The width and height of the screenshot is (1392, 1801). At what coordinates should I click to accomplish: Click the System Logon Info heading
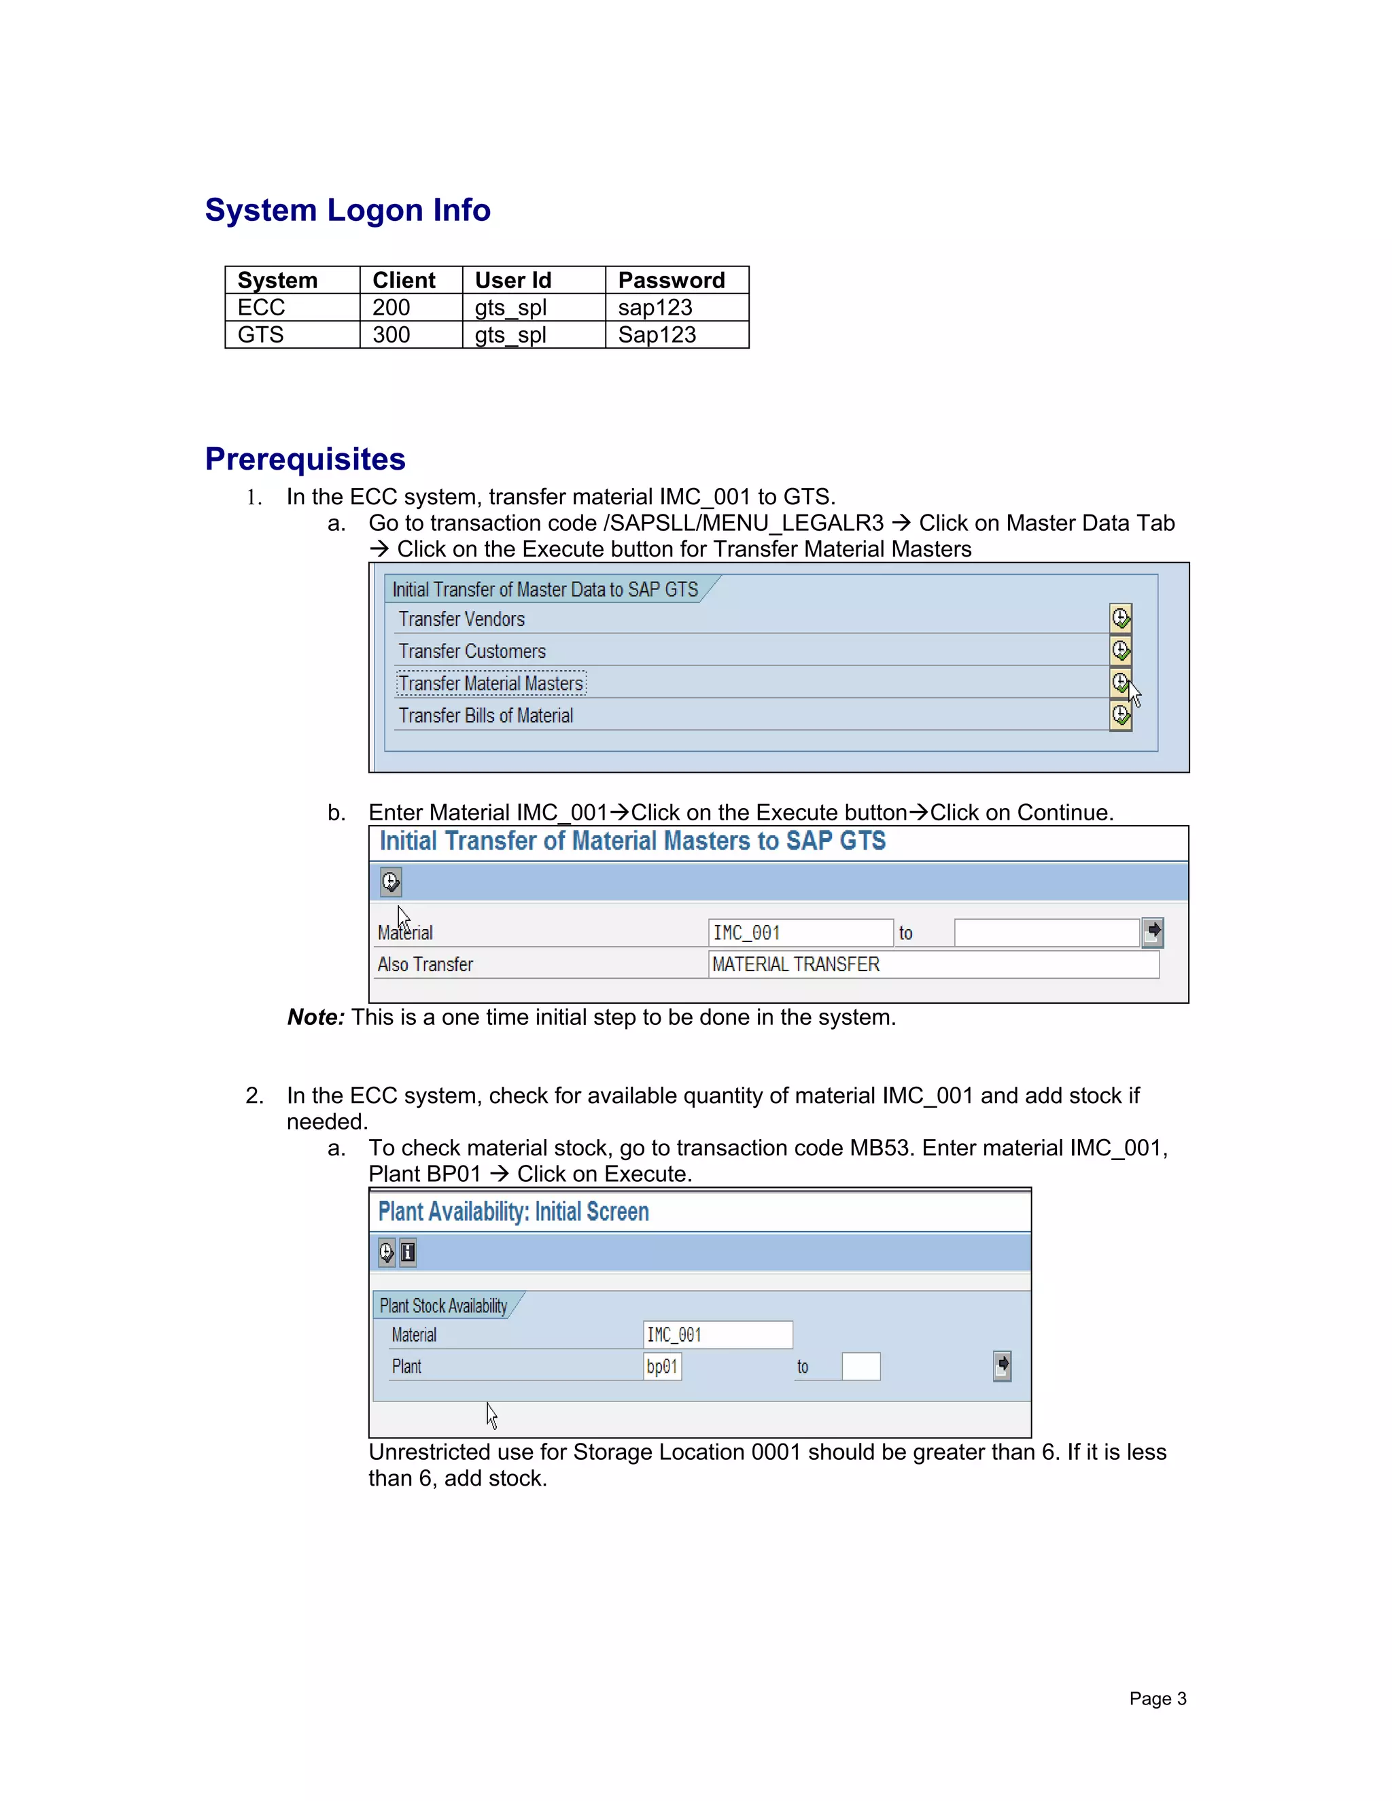347,210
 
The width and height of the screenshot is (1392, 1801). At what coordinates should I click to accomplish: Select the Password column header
672,281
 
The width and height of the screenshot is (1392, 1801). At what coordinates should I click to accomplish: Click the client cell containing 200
391,308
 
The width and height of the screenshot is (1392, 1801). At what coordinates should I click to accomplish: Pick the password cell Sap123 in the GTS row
657,335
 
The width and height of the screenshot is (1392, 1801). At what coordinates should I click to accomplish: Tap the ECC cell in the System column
262,308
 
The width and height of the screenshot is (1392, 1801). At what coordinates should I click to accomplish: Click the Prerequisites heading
305,459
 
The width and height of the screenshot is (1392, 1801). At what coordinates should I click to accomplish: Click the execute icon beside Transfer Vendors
1120,618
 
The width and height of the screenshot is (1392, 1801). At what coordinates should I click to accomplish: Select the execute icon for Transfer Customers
1120,650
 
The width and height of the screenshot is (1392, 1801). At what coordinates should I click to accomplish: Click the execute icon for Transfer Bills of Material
1120,715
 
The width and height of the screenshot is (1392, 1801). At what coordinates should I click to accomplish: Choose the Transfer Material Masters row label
491,684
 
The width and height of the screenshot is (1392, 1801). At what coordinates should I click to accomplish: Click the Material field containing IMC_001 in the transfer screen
799,932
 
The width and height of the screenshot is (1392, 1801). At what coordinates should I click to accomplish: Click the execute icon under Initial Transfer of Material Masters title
391,881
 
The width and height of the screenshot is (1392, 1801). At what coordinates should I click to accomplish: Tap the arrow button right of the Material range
1153,932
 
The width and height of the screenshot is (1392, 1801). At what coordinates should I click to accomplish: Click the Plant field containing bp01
662,1367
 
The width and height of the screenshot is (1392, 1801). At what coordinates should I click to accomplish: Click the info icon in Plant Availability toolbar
407,1253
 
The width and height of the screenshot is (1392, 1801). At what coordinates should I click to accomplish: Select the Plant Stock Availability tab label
444,1306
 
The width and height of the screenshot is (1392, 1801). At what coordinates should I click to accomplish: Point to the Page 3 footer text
1157,1699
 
